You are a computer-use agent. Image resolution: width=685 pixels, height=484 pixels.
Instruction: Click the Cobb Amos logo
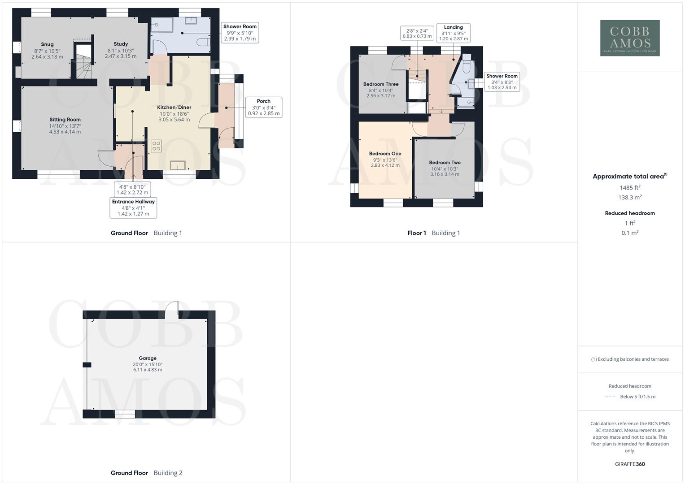(630, 38)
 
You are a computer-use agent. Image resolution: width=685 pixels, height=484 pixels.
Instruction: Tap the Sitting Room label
(65, 120)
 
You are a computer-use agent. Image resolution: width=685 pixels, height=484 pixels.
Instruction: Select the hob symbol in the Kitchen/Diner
(156, 146)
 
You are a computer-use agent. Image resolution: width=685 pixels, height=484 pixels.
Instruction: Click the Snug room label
(47, 44)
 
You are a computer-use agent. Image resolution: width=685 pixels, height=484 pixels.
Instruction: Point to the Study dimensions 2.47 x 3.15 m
(121, 56)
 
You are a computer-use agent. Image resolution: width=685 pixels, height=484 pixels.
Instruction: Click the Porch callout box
(264, 107)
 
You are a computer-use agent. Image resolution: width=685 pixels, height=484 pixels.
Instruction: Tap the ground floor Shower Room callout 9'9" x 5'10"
(240, 33)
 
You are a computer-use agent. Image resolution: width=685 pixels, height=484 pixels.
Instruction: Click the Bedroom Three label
(381, 84)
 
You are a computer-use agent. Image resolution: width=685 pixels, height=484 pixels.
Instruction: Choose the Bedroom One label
(385, 154)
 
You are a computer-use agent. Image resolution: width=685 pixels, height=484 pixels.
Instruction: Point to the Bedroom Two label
(445, 163)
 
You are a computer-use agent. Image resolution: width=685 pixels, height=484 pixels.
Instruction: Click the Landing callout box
(453, 33)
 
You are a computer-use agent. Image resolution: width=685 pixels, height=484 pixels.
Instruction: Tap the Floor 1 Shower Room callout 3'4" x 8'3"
(502, 82)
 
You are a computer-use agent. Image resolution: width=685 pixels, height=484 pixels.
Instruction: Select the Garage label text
(148, 358)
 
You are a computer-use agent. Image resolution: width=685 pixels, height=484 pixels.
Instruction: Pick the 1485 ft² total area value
(630, 188)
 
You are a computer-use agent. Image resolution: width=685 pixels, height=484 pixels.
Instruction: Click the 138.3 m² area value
(630, 198)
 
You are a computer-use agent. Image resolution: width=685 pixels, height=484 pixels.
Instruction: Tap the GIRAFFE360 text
(630, 464)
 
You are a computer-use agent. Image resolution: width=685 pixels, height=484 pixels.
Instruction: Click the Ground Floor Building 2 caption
(146, 473)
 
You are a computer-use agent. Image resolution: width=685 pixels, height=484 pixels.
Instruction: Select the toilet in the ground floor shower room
(203, 43)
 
